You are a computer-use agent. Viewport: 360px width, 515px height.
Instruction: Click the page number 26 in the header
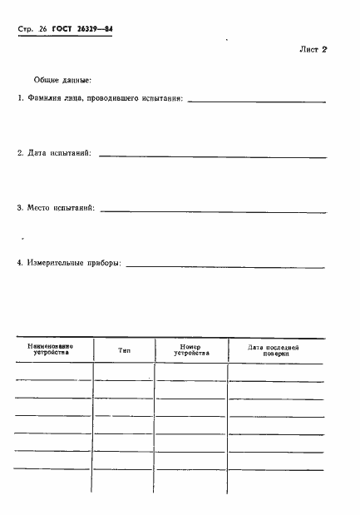tap(42, 29)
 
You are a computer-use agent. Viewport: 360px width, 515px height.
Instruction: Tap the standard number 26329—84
tap(96, 29)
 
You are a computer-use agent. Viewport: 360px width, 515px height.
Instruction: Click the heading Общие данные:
tap(62, 81)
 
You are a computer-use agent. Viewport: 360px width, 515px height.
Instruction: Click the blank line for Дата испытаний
tap(212, 155)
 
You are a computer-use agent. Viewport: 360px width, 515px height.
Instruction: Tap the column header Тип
tap(124, 351)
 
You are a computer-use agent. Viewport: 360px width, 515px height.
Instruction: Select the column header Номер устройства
tap(191, 349)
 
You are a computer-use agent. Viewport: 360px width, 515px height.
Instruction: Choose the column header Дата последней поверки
tap(274, 349)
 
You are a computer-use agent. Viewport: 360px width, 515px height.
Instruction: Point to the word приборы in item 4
tap(103, 263)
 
